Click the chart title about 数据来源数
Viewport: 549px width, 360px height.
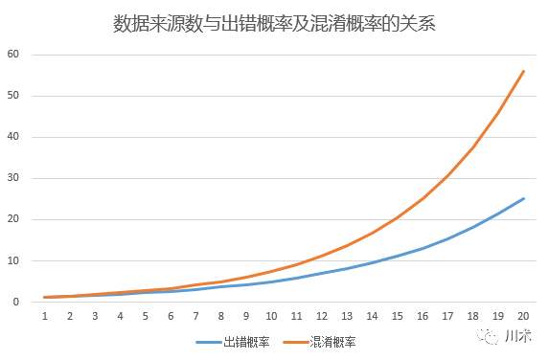coord(274,23)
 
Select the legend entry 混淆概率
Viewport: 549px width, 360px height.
coord(333,342)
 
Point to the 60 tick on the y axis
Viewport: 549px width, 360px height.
coord(12,54)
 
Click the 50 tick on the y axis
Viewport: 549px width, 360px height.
coord(12,96)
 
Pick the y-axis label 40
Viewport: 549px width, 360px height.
coord(12,137)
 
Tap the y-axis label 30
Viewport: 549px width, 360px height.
coord(12,178)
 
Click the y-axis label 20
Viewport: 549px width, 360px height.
coord(12,219)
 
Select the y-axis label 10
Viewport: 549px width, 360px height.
coord(12,260)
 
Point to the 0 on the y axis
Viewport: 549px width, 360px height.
coord(15,302)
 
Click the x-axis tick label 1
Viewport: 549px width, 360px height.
coord(45,315)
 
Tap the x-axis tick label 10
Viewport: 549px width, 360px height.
coord(271,315)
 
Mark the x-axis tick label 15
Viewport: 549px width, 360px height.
coord(398,315)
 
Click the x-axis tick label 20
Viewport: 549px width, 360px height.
coord(523,315)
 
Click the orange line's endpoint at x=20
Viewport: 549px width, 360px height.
coord(523,71)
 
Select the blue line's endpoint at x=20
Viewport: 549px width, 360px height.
coord(523,198)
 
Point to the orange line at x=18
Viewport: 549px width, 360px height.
coord(473,146)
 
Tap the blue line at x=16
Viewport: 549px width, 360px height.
coord(423,248)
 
